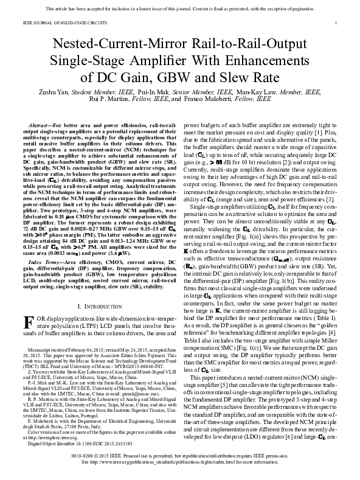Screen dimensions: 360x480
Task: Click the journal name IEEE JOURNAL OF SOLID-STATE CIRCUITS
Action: (x=61, y=22)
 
